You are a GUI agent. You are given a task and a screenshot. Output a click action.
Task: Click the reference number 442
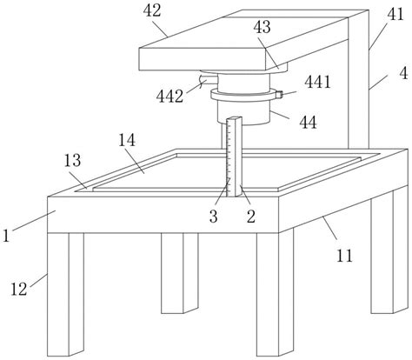click(x=169, y=97)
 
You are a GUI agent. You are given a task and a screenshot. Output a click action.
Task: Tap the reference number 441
click(x=317, y=82)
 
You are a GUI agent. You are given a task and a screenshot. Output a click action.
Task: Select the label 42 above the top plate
click(x=152, y=10)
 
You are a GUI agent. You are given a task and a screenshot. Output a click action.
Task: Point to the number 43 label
click(x=262, y=27)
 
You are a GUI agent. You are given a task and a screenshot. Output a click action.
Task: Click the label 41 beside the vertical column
click(x=395, y=14)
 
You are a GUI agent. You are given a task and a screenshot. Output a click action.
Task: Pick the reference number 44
click(x=308, y=123)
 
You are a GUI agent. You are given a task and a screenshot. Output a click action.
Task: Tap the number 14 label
click(x=127, y=140)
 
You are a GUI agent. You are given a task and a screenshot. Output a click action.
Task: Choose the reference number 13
click(x=72, y=160)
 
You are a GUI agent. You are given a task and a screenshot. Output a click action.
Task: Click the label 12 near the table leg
click(x=19, y=290)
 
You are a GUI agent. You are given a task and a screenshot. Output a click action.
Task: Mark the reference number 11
click(x=344, y=256)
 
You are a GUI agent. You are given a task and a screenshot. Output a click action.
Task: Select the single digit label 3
click(x=214, y=217)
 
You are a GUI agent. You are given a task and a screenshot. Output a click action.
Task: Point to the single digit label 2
click(x=251, y=217)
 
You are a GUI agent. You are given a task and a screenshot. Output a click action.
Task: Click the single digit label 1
click(x=6, y=236)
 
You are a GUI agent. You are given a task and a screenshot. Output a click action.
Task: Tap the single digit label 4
click(x=403, y=73)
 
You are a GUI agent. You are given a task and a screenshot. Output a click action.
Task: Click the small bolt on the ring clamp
click(x=279, y=95)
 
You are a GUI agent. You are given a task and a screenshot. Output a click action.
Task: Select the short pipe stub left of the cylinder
click(x=208, y=79)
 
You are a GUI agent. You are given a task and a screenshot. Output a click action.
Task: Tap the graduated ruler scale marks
click(x=229, y=157)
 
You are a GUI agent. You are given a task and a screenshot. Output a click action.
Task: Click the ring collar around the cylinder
click(x=243, y=95)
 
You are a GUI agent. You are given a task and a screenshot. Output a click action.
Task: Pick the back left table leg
click(x=180, y=273)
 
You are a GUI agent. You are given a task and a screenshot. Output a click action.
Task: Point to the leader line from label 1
click(x=34, y=221)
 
